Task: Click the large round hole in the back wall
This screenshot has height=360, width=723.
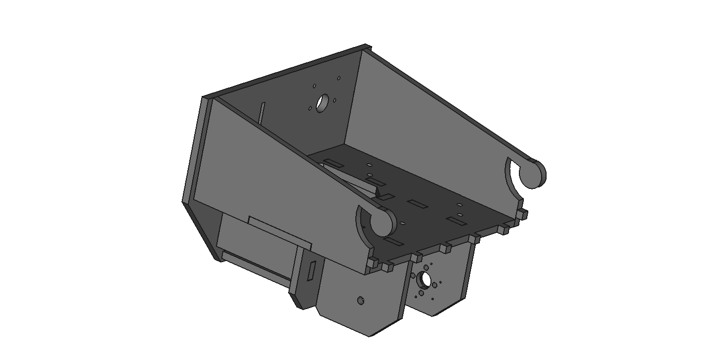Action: (323, 103)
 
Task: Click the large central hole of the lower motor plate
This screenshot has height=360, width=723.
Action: (424, 279)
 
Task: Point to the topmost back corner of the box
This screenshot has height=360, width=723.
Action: (367, 46)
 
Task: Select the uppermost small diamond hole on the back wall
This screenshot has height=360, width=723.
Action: (339, 78)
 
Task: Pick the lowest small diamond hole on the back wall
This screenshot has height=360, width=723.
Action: (310, 108)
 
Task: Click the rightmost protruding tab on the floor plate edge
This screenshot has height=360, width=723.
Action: (523, 214)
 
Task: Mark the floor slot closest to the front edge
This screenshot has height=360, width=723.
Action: (393, 241)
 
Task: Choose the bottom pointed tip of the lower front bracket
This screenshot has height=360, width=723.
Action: (370, 335)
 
